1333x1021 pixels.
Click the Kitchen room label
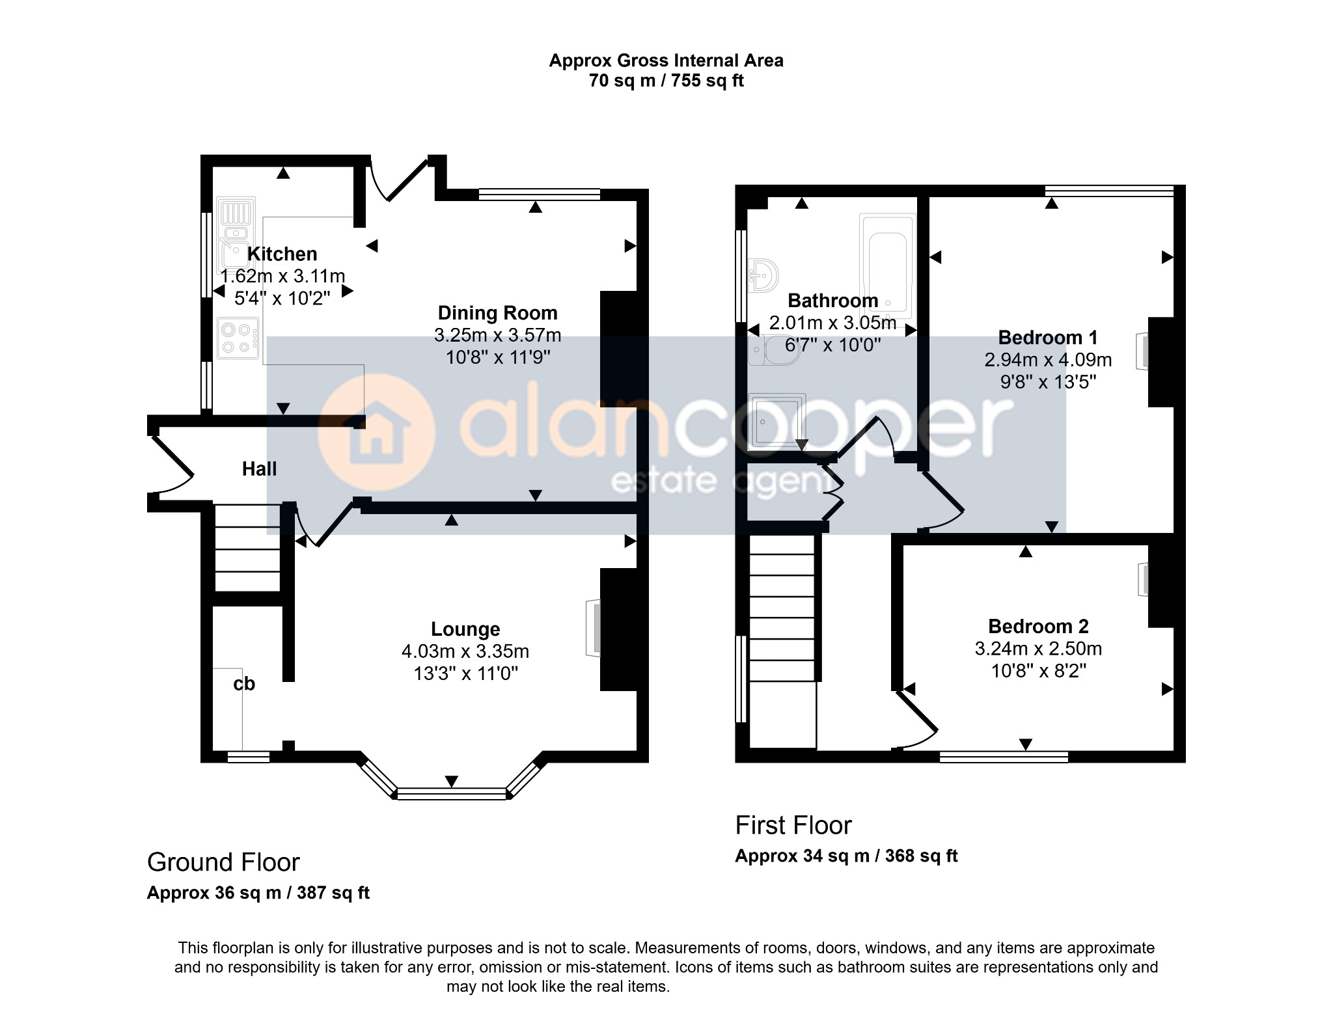coord(282,254)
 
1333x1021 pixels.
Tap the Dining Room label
coord(497,313)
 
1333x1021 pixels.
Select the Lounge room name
coord(465,629)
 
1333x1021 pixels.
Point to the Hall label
coord(259,469)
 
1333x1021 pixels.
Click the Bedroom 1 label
coord(1048,338)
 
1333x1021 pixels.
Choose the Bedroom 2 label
coord(1038,627)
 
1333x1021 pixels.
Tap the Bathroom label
coord(833,301)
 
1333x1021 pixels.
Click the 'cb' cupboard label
coord(244,684)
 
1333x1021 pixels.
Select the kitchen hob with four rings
coord(238,338)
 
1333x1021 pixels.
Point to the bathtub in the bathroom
coord(887,262)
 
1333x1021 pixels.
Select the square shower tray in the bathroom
coord(777,420)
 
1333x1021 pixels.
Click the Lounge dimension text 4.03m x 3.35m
coord(465,651)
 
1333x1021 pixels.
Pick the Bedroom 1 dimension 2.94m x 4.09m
coord(1048,360)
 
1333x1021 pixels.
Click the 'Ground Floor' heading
coord(223,862)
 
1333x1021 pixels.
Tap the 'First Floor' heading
coord(793,825)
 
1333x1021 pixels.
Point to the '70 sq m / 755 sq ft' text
coord(666,81)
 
